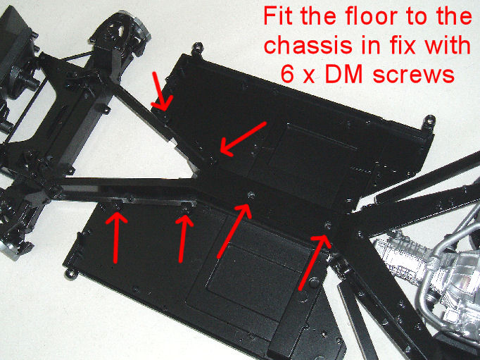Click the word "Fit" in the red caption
279,16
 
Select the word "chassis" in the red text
308,45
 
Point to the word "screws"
414,75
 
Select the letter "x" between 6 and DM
310,77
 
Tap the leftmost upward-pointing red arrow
116,237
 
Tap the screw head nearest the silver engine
328,226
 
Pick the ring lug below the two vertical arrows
72,274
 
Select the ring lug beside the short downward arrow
198,48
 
